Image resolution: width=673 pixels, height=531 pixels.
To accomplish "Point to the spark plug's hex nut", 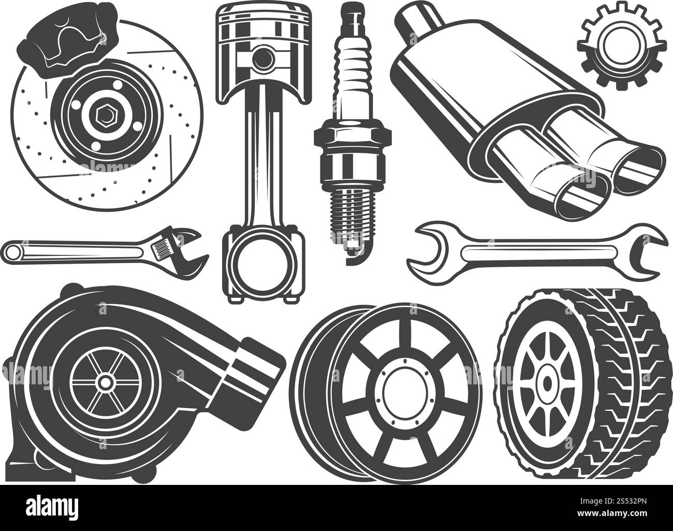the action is point(353,136).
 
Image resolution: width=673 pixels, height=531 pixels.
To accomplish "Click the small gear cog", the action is point(621,46).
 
